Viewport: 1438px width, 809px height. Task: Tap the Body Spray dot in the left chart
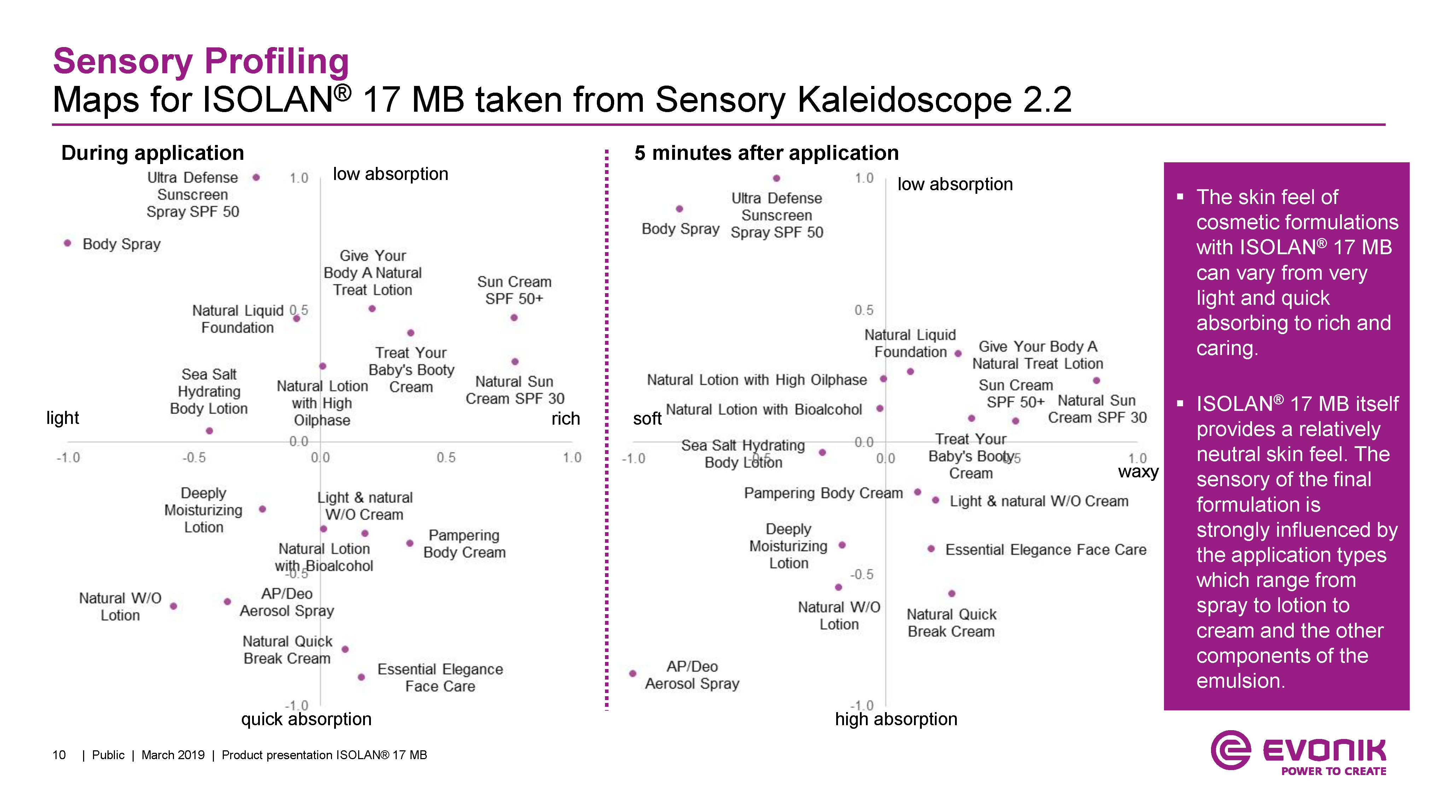tap(68, 243)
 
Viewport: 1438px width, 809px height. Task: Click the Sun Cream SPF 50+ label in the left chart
tap(514, 290)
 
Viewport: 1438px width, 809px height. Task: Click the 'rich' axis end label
tap(565, 418)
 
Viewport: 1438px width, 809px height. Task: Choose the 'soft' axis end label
tap(647, 418)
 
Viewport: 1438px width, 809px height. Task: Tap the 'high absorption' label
tap(896, 719)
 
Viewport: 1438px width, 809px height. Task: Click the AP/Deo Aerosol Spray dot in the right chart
tap(633, 673)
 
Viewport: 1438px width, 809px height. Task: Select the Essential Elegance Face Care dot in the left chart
tap(361, 677)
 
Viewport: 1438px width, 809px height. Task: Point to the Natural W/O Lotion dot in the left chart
tap(174, 606)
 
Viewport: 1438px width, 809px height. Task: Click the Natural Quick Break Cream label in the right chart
tap(951, 623)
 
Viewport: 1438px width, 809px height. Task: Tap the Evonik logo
tap(1298, 753)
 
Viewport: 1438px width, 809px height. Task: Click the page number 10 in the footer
tap(59, 755)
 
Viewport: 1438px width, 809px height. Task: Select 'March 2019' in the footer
tap(173, 755)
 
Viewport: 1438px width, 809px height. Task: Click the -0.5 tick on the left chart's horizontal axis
tap(194, 458)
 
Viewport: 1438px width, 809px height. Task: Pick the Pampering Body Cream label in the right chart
tap(823, 493)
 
